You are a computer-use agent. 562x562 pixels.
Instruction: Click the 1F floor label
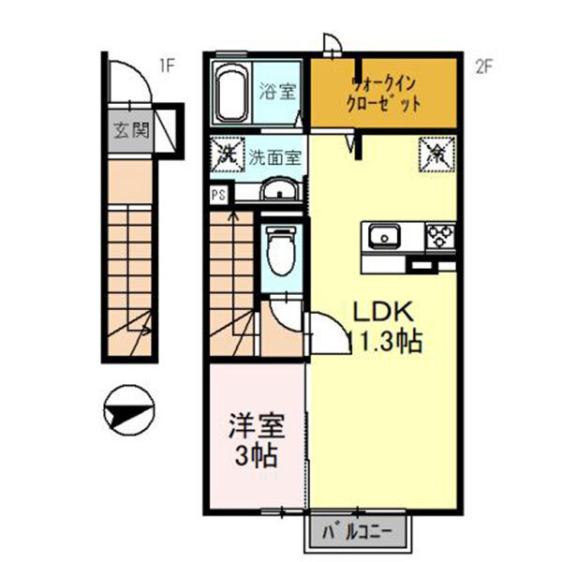[x=167, y=66]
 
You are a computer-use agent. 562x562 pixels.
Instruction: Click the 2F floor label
[x=483, y=66]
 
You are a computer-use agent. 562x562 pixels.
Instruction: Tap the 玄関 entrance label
[x=132, y=129]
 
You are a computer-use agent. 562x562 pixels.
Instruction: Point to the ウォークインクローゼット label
[x=384, y=93]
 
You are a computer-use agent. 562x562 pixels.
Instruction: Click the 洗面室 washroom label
[x=274, y=156]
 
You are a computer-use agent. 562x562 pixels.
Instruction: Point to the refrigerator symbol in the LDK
[x=437, y=153]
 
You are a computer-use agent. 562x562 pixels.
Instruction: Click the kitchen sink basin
[x=383, y=237]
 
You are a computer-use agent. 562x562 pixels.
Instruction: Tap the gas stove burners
[x=439, y=236]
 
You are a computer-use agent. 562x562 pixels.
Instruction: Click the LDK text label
[x=378, y=312]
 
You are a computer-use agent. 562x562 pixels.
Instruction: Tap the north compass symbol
[x=129, y=410]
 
